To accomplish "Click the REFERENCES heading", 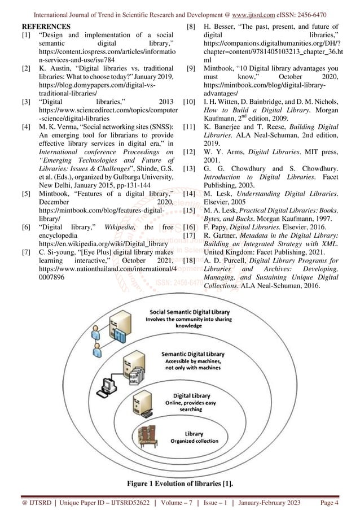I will pos(46,26).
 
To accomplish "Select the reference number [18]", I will pos(190,260).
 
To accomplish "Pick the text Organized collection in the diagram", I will pos(194,441).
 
